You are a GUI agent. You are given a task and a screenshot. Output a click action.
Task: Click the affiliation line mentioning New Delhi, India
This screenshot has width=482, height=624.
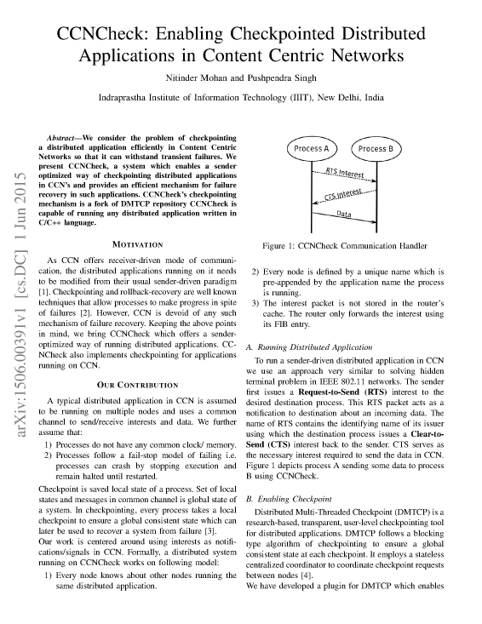pyautogui.click(x=241, y=98)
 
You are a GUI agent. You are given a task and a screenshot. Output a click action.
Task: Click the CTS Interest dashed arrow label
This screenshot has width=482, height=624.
pyautogui.click(x=342, y=194)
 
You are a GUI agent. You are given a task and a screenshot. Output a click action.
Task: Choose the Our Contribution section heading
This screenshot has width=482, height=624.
pyautogui.click(x=137, y=383)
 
